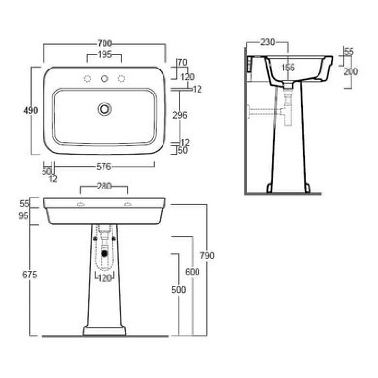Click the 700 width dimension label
tap(104, 43)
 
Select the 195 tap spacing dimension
tap(104, 54)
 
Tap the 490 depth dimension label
tap(31, 111)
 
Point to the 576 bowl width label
tap(103, 167)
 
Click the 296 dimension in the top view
tap(180, 115)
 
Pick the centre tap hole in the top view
tap(104, 78)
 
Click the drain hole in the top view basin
tap(104, 109)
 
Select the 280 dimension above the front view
tap(104, 186)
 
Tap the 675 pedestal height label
tap(30, 275)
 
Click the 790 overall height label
tap(207, 256)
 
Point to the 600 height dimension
tap(192, 272)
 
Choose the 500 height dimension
tap(179, 290)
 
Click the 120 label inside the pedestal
tap(104, 278)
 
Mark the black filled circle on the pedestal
tap(104, 253)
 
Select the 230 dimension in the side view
tap(268, 42)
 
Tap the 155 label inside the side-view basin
tap(288, 68)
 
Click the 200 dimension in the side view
tap(351, 71)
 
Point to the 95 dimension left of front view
tap(24, 216)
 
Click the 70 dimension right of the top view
tap(182, 62)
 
